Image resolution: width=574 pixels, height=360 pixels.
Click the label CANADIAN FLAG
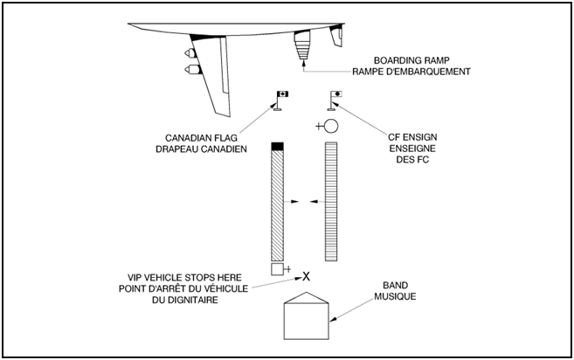[x=205, y=137]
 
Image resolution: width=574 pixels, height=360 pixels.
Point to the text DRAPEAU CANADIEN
[x=205, y=149]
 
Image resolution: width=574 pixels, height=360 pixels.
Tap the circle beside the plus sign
[x=330, y=127]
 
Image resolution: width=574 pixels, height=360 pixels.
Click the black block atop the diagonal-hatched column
[x=278, y=144]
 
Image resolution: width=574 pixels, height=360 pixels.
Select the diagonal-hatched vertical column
[x=278, y=201]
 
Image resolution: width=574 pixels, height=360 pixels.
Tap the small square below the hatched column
[x=277, y=268]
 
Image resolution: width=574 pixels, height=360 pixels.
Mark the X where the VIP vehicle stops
[x=306, y=275]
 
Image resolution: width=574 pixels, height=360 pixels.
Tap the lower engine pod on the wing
[x=190, y=67]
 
